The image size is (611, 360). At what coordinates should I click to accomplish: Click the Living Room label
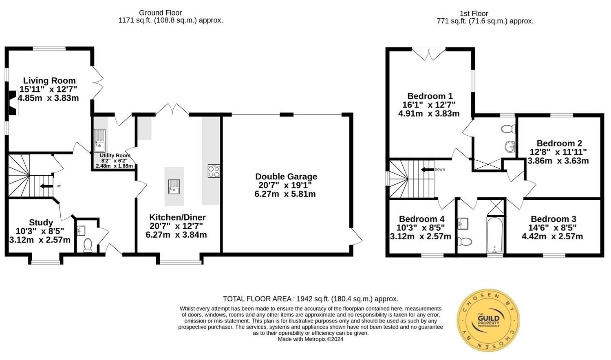(x=49, y=81)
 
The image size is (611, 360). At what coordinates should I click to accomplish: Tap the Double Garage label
(x=286, y=177)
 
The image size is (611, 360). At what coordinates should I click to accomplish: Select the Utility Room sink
(x=99, y=140)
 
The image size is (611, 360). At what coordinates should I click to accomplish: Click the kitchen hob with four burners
(x=214, y=171)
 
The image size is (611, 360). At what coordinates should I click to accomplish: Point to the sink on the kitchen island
(x=174, y=187)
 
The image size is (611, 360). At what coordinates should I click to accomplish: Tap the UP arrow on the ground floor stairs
(x=47, y=186)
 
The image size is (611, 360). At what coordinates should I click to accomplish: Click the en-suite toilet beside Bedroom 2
(x=508, y=129)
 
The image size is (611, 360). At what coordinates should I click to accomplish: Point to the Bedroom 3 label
(x=553, y=219)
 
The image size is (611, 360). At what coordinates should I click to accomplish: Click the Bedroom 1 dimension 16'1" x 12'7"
(x=429, y=105)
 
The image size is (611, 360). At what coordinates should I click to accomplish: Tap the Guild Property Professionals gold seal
(x=488, y=320)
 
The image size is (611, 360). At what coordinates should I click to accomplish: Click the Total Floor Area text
(x=310, y=299)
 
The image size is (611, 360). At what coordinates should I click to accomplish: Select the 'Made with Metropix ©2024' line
(x=310, y=339)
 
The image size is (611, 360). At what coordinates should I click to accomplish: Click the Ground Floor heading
(x=160, y=13)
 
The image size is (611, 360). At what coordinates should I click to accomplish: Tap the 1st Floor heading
(x=473, y=13)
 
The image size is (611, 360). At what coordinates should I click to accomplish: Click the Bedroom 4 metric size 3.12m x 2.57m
(x=420, y=236)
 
